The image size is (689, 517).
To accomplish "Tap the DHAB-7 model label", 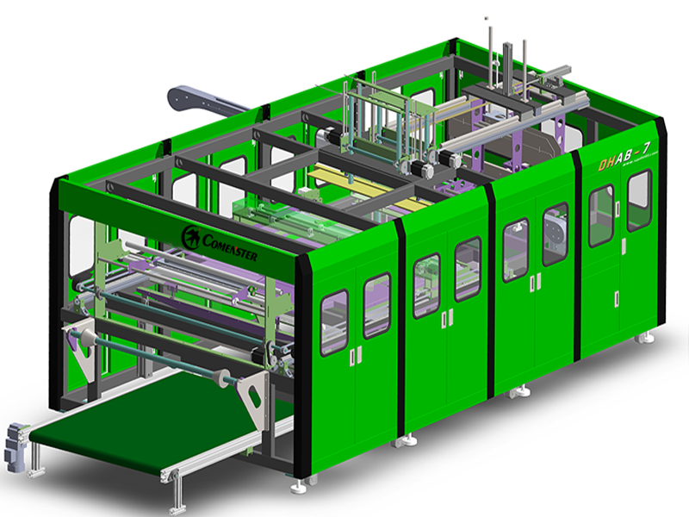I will pos(624,159).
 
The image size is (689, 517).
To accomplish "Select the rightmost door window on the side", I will pos(638,200).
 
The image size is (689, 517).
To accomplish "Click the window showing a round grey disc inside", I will pos(555,234).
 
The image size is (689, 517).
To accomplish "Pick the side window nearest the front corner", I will pos(334,321).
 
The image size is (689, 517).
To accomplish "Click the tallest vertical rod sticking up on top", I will pos(487,52).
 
